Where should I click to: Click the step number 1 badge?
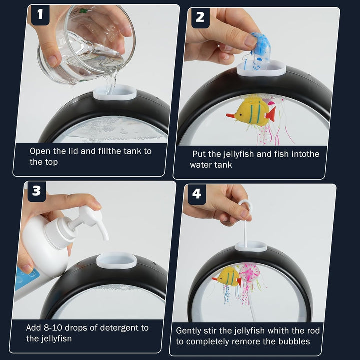[x=40, y=15]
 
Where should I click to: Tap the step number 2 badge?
[x=200, y=18]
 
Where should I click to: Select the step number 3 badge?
[x=36, y=191]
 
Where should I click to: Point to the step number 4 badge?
[x=197, y=194]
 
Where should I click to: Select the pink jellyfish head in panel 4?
[x=250, y=273]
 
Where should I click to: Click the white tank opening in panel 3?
[x=116, y=260]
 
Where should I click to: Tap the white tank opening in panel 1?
[x=115, y=92]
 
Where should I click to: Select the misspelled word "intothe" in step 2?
[x=305, y=154]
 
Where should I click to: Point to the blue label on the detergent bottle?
[x=27, y=278]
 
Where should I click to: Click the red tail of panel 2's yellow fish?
[x=271, y=114]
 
